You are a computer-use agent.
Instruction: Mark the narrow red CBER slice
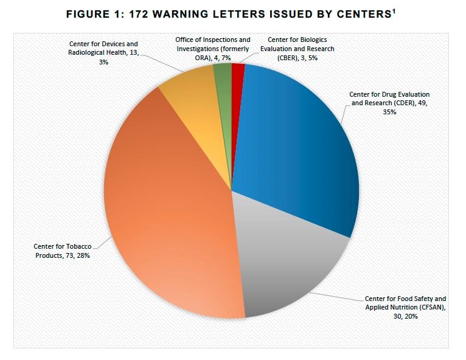(x=238, y=71)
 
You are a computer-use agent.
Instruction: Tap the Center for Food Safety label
(x=405, y=308)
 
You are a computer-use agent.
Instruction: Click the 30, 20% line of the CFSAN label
(x=405, y=317)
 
